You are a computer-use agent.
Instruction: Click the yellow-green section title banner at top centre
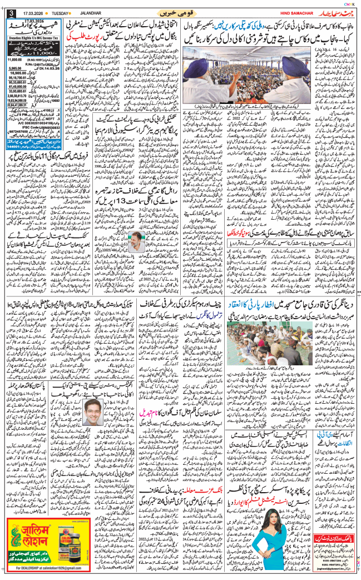coord(180,12)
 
